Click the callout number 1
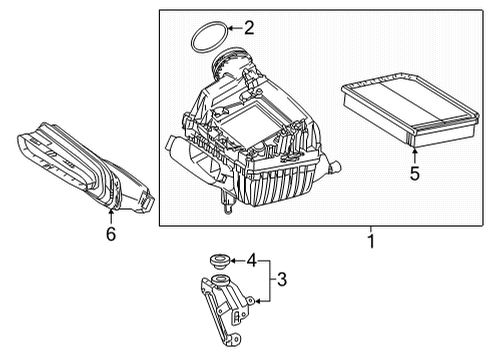371,241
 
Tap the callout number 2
249,28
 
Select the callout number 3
282,279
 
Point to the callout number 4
252,260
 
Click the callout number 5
415,174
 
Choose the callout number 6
111,234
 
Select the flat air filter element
410,110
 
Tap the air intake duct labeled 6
85,168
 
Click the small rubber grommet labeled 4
220,261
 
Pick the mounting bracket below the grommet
227,307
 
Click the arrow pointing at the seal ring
235,28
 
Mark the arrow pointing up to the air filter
414,156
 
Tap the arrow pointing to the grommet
238,261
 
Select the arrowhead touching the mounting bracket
258,301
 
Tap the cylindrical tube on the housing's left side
177,154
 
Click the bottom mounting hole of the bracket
236,339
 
